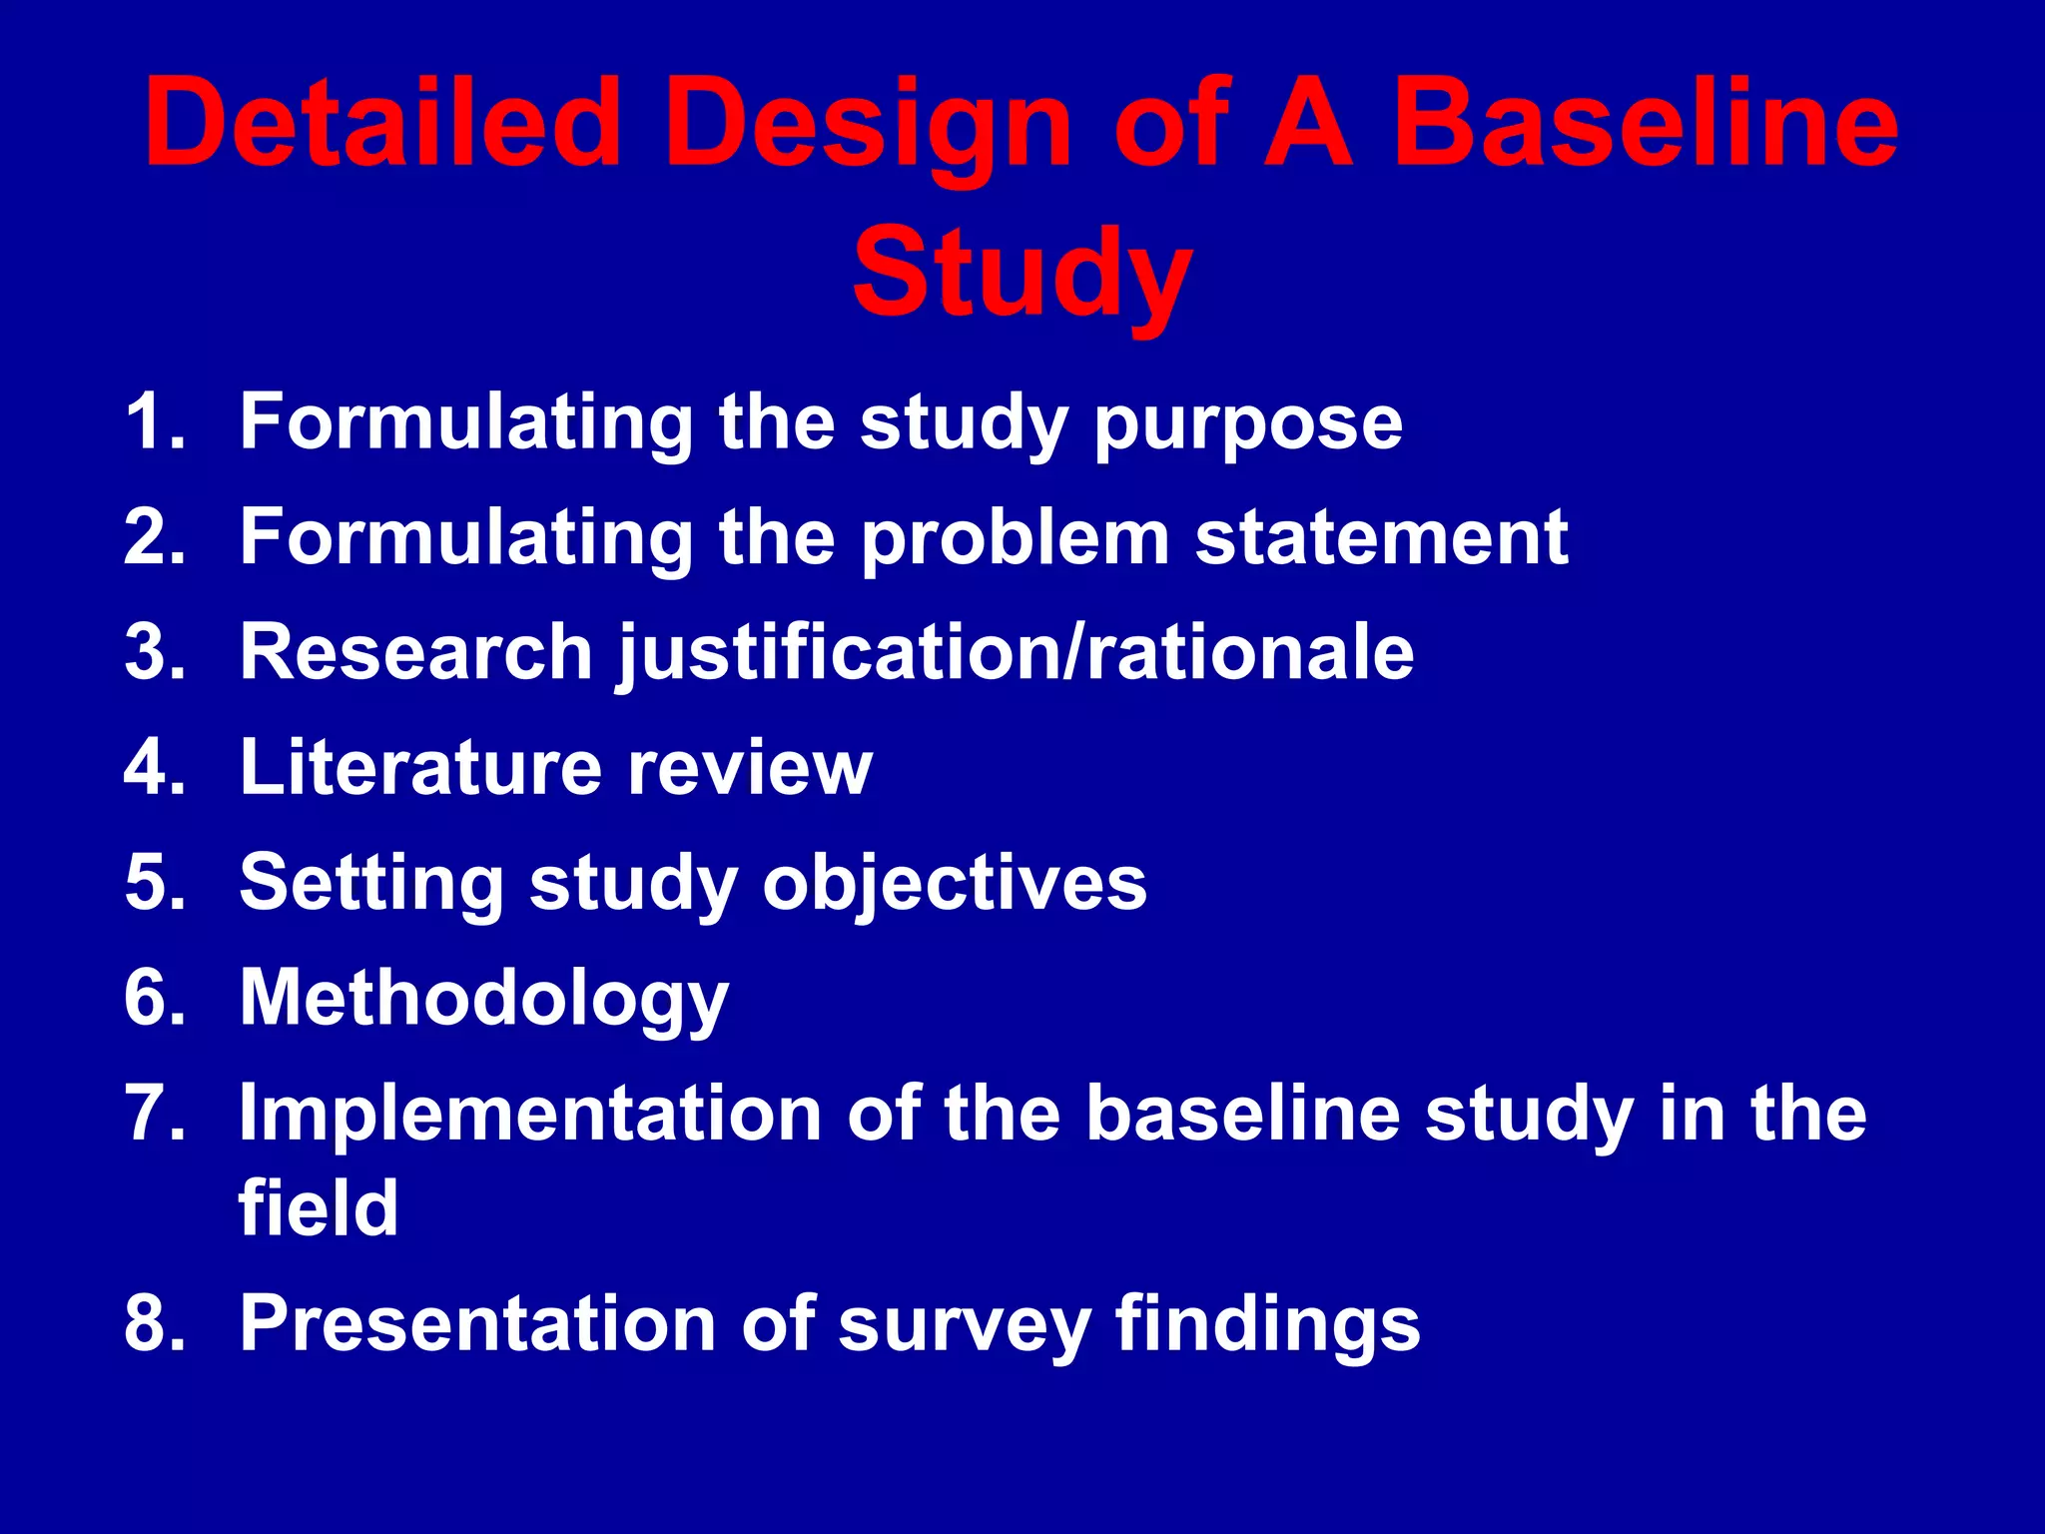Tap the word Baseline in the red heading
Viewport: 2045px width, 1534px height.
(x=1644, y=125)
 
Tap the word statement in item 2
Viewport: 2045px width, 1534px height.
(x=1381, y=538)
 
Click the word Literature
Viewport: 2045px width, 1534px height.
(x=420, y=768)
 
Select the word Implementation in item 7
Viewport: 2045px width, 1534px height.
(x=530, y=1114)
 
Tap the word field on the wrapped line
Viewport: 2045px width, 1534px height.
(x=319, y=1207)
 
